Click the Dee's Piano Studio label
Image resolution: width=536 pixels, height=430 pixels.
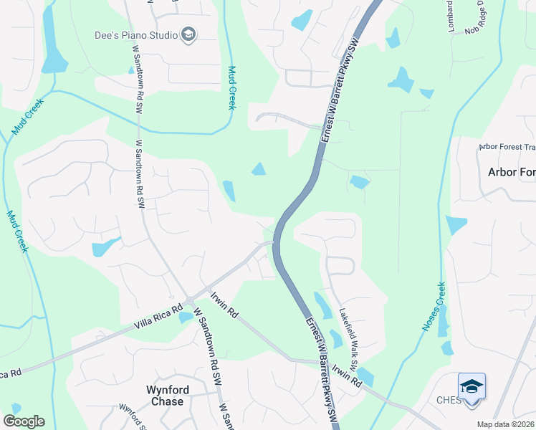click(136, 34)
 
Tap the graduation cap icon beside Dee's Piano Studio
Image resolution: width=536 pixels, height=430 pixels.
click(188, 34)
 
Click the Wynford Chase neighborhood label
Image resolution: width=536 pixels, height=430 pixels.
click(165, 396)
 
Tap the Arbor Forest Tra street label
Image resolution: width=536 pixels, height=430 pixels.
click(507, 148)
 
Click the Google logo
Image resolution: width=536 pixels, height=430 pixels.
click(24, 421)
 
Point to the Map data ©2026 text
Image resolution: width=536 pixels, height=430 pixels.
click(505, 424)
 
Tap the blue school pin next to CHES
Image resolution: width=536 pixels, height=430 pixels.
click(472, 387)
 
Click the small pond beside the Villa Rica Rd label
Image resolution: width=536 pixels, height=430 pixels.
click(185, 316)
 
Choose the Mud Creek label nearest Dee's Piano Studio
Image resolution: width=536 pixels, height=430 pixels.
click(231, 87)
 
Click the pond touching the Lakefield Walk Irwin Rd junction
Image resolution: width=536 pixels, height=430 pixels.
click(364, 376)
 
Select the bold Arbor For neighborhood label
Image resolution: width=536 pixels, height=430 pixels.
click(511, 172)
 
